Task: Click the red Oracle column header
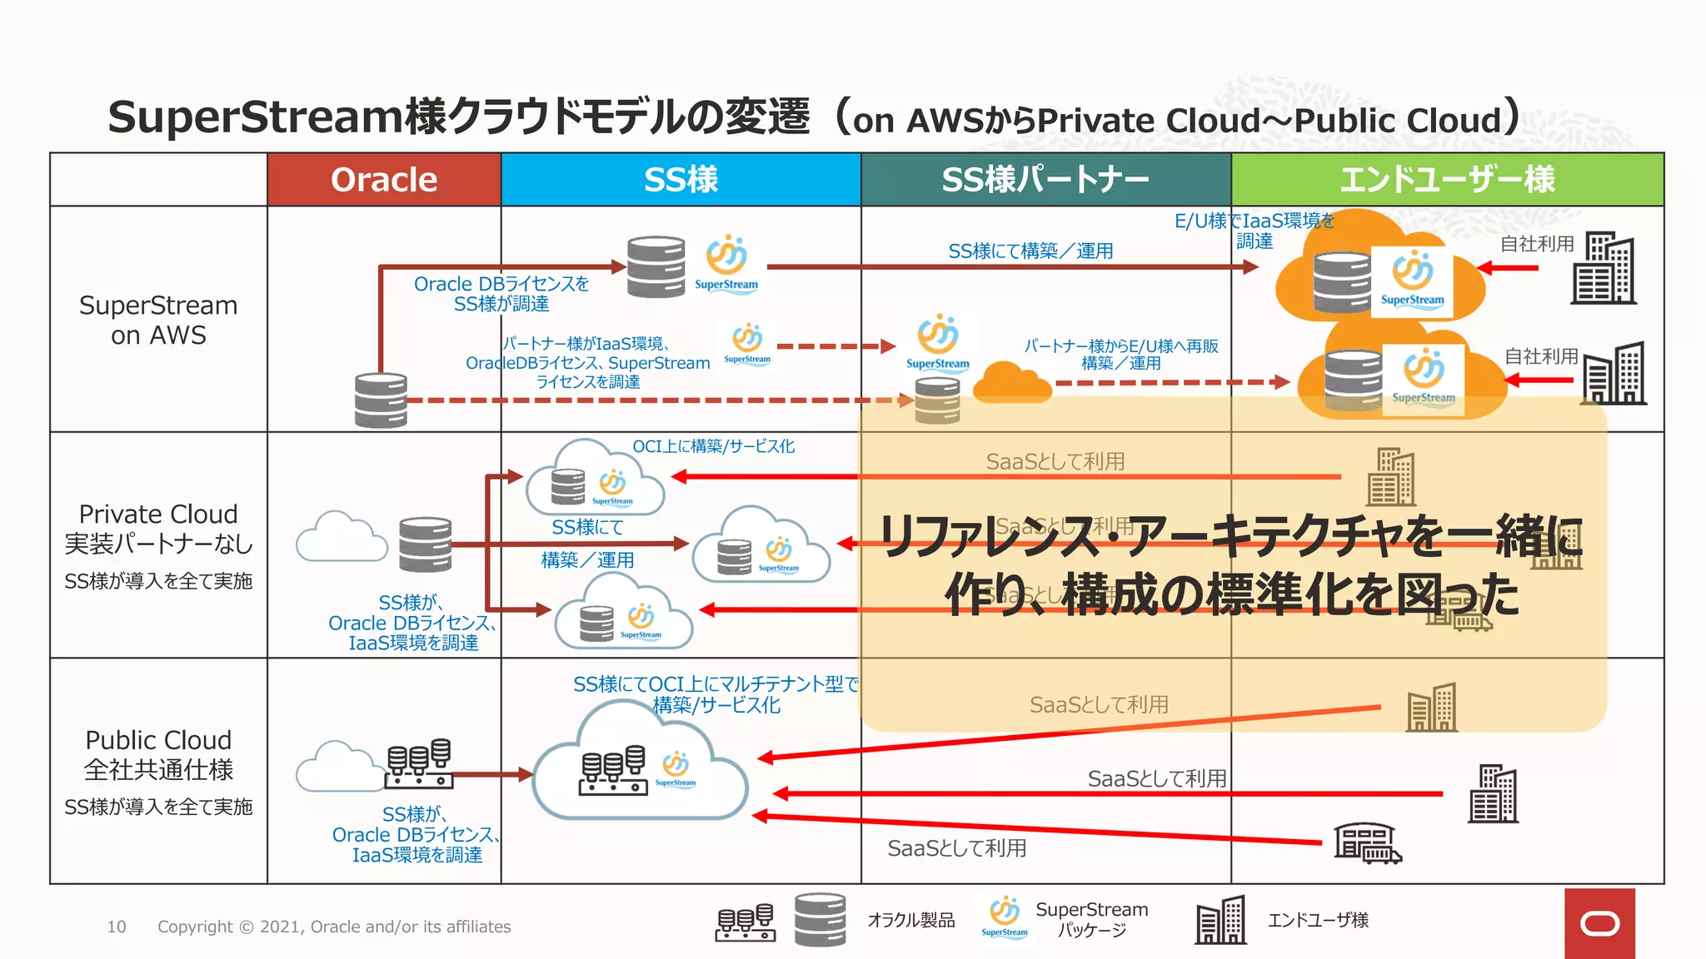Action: click(x=384, y=180)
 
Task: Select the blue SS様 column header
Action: click(x=681, y=180)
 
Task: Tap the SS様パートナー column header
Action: click(x=1045, y=180)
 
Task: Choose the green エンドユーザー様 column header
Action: click(x=1447, y=180)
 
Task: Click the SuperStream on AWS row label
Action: click(x=158, y=320)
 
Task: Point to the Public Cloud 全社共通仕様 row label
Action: click(x=158, y=754)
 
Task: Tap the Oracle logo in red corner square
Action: click(x=1599, y=923)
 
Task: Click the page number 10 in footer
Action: click(x=117, y=927)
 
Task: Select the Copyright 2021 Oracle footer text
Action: click(x=334, y=927)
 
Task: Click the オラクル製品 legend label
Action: click(x=910, y=920)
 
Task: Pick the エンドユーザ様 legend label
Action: click(x=1318, y=920)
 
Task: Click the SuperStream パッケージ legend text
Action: click(x=1091, y=919)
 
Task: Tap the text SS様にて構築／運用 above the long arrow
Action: click(x=1030, y=251)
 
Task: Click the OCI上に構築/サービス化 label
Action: click(x=713, y=446)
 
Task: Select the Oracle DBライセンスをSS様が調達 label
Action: click(x=501, y=294)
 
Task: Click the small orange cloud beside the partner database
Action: click(x=1011, y=383)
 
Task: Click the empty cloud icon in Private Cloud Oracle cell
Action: click(x=342, y=538)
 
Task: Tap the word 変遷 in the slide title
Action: click(x=767, y=117)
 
